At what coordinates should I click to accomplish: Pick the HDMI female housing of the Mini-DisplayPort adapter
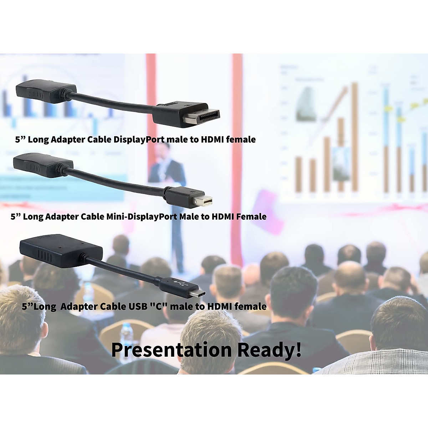pyautogui.click(x=43, y=165)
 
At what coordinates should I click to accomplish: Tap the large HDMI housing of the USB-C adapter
pyautogui.click(x=61, y=251)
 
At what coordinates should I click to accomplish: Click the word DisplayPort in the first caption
pyautogui.click(x=139, y=140)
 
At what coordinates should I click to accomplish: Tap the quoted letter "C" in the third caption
pyautogui.click(x=159, y=306)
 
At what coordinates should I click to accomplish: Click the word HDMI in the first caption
pyautogui.click(x=213, y=139)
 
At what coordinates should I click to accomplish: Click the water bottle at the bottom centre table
pyautogui.click(x=126, y=335)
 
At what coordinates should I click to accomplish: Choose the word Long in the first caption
pyautogui.click(x=38, y=140)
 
